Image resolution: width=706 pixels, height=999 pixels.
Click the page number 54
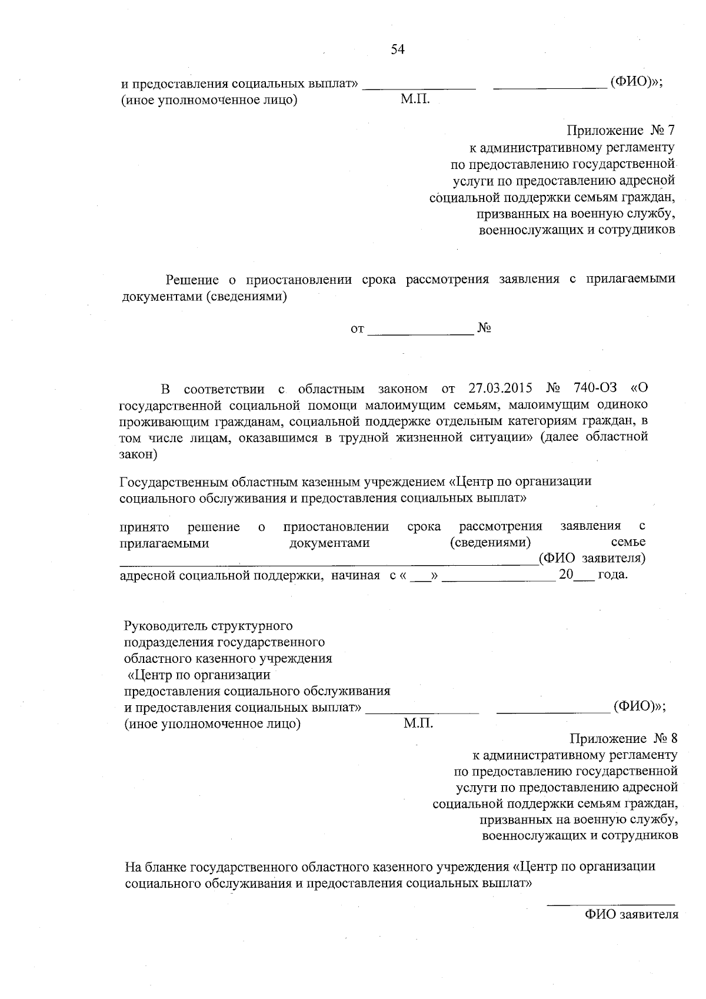(398, 49)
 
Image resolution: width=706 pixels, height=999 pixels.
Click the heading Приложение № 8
(624, 738)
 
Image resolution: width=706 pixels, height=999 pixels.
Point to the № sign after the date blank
(484, 328)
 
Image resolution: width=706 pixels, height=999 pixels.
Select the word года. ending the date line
(612, 575)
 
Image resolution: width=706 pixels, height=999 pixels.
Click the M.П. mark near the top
(415, 99)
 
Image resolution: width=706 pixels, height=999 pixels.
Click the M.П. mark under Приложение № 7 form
(418, 723)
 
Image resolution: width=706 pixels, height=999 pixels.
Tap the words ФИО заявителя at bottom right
(631, 914)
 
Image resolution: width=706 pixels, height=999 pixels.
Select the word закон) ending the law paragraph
(138, 454)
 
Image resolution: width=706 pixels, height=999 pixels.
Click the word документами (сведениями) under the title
(204, 297)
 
